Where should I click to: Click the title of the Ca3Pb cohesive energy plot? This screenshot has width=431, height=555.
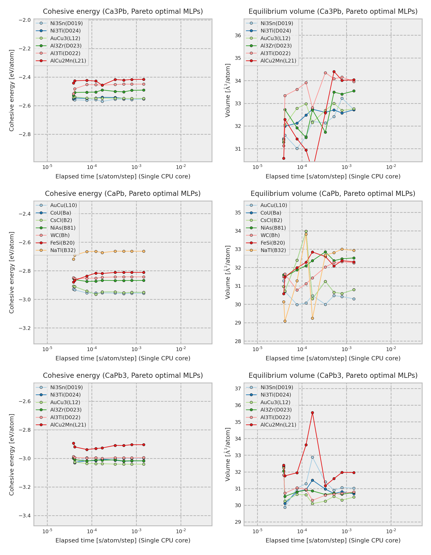click(123, 12)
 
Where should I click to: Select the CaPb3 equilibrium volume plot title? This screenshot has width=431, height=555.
click(333, 375)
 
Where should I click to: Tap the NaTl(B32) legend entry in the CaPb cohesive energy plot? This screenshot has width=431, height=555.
click(63, 250)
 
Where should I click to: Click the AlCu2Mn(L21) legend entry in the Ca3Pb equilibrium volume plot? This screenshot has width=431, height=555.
click(278, 61)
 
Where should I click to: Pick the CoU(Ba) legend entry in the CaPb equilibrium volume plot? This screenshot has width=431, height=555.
click(271, 213)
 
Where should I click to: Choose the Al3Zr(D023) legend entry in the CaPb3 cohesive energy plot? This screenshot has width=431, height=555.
click(66, 410)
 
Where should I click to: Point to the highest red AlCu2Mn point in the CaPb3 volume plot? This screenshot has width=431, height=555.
click(313, 413)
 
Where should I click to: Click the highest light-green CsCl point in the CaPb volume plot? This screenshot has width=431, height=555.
click(306, 231)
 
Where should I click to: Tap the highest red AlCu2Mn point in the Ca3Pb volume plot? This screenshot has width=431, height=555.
click(334, 72)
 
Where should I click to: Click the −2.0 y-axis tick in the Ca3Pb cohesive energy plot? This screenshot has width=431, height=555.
click(25, 20)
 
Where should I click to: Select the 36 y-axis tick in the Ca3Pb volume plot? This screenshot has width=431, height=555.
click(238, 35)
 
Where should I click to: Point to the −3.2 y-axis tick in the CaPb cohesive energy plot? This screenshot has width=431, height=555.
click(25, 328)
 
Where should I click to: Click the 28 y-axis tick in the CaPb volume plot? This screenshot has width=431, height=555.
click(238, 341)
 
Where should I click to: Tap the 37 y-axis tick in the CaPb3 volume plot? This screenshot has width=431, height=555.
click(238, 388)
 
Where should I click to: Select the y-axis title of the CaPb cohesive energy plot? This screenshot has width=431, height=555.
click(12, 272)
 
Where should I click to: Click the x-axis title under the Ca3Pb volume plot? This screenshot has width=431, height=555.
click(333, 176)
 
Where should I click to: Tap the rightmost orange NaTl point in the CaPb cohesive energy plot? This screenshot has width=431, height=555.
click(144, 251)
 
